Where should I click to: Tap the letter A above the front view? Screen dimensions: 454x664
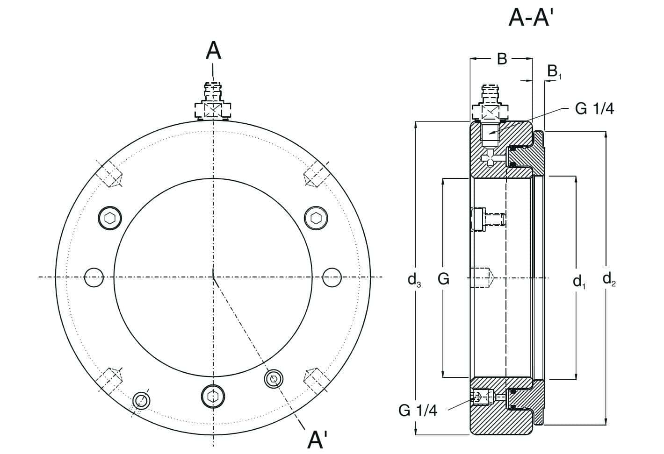[x=214, y=51]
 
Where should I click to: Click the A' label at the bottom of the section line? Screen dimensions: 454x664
[x=317, y=440]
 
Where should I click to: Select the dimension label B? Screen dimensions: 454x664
[x=502, y=59]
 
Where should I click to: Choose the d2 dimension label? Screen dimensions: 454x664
[x=609, y=279]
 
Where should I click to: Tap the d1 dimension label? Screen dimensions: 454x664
[x=579, y=280]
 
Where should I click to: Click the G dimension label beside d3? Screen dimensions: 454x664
[x=443, y=279]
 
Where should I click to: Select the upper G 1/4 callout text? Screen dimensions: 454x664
[x=594, y=108]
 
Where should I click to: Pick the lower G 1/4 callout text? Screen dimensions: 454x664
[x=418, y=410]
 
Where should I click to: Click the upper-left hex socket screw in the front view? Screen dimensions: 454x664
[x=110, y=218]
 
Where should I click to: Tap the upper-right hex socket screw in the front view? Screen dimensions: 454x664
[x=316, y=218]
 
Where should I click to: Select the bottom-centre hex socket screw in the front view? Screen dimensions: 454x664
[x=213, y=396]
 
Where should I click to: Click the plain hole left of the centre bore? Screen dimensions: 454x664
[x=94, y=277]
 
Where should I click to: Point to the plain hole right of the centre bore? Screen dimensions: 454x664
[x=332, y=277]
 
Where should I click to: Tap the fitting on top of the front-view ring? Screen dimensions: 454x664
[x=213, y=103]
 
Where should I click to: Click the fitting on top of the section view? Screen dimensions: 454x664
[x=490, y=103]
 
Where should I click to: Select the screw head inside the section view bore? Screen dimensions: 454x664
[x=478, y=219]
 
